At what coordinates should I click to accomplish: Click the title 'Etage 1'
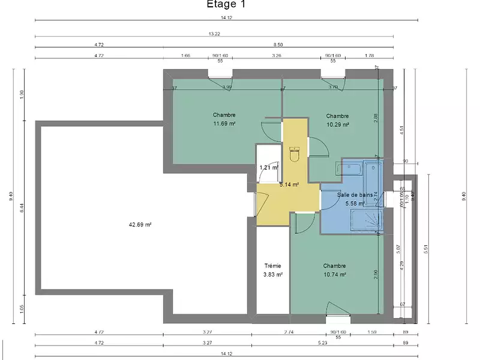(x=226, y=5)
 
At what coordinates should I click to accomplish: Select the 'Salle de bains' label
(x=355, y=194)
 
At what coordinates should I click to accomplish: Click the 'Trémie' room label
(x=273, y=266)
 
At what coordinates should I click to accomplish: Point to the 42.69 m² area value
(x=139, y=225)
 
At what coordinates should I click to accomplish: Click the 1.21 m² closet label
(x=268, y=167)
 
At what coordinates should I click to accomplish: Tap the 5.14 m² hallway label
(x=289, y=185)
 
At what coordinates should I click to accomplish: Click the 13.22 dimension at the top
(x=214, y=34)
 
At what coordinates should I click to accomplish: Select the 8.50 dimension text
(x=278, y=44)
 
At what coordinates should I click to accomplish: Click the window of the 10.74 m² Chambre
(x=338, y=314)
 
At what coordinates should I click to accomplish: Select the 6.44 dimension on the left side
(x=22, y=209)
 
